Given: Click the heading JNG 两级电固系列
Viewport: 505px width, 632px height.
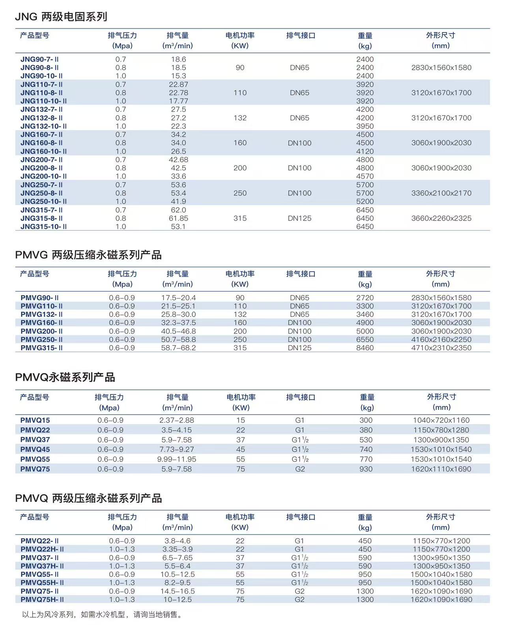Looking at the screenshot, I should [61, 17].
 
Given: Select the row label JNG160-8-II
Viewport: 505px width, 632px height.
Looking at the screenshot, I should [41, 143].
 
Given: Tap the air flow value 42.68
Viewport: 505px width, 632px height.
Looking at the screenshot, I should [178, 160].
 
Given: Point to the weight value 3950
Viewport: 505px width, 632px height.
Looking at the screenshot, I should [365, 126].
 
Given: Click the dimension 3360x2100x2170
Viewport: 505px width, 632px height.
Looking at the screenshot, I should [441, 193].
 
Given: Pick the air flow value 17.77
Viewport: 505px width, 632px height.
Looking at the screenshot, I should [178, 101].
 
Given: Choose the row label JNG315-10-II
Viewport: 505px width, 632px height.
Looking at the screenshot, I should [43, 227].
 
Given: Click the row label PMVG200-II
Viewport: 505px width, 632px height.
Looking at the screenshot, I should [41, 331].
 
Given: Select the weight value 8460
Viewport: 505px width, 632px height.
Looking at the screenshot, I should [365, 348].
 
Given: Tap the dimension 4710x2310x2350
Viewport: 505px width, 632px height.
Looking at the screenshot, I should [441, 348].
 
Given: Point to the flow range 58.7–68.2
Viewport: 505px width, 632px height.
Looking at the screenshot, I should [178, 348].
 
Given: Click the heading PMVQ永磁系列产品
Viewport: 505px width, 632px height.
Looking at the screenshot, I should [65, 378].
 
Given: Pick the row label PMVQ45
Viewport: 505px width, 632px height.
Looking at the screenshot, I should [35, 449].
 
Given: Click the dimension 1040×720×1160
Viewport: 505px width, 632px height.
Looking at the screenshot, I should [441, 420].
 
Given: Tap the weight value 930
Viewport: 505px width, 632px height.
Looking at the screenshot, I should [366, 469].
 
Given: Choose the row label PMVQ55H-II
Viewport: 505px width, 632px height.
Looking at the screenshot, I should [42, 583].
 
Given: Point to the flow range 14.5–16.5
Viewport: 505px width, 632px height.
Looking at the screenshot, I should [178, 591].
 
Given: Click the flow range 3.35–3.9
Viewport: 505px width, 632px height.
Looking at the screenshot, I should [178, 549].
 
